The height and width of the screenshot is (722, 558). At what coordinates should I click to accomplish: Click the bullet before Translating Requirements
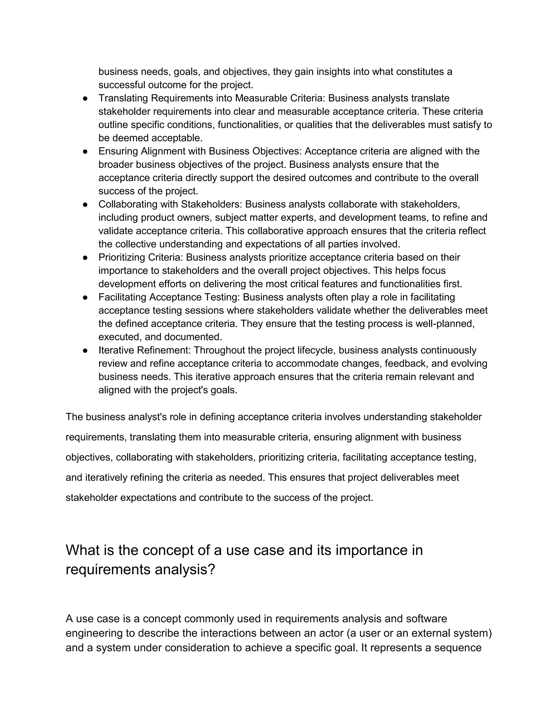pyautogui.click(x=85, y=99)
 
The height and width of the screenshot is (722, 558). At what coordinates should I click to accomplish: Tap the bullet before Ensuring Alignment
pyautogui.click(x=85, y=151)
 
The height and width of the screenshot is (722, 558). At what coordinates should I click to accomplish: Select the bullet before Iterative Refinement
pyautogui.click(x=85, y=350)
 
